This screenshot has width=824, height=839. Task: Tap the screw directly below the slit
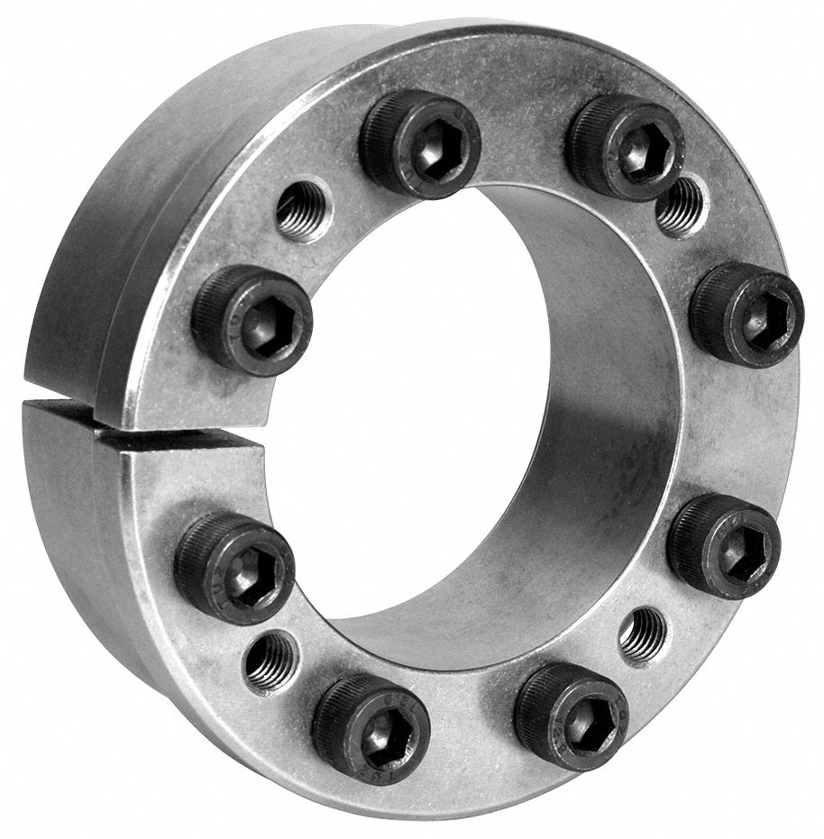pyautogui.click(x=234, y=567)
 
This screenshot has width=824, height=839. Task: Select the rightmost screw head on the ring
pyautogui.click(x=746, y=316)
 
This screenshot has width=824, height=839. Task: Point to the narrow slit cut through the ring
pyautogui.click(x=135, y=431)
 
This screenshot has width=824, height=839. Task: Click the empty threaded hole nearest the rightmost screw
pyautogui.click(x=680, y=205)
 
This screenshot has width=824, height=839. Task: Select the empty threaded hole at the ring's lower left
pyautogui.click(x=271, y=661)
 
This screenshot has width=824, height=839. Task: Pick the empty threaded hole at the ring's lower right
pyautogui.click(x=643, y=635)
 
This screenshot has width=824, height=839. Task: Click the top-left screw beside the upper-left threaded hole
pyautogui.click(x=420, y=143)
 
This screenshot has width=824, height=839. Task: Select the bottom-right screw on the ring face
pyautogui.click(x=571, y=715)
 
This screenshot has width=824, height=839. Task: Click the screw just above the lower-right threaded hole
pyautogui.click(x=724, y=545)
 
